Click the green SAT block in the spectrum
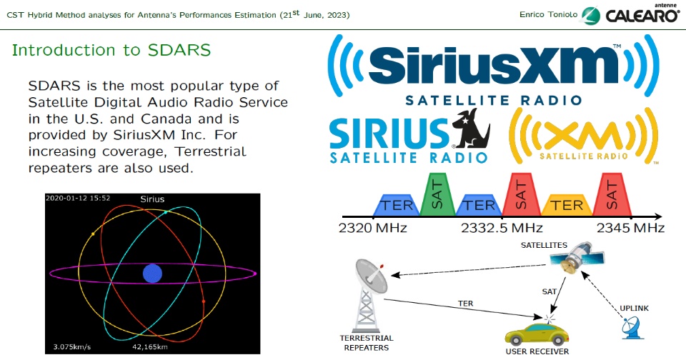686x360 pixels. click(x=437, y=194)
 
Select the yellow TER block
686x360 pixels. click(x=567, y=205)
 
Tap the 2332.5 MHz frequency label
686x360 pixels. click(x=502, y=228)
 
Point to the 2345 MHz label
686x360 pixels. click(x=630, y=228)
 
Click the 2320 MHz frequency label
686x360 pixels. click(x=373, y=228)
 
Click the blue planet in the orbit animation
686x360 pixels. click(x=153, y=274)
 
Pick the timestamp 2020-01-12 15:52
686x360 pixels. click(x=78, y=198)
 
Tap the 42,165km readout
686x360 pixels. click(x=150, y=347)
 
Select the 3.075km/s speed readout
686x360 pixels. click(x=72, y=347)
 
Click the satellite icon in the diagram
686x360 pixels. click(x=577, y=258)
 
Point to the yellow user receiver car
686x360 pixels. click(x=537, y=334)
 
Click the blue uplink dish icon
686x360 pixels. click(x=632, y=328)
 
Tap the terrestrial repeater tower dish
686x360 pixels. click(x=371, y=276)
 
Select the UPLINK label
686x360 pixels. click(x=634, y=309)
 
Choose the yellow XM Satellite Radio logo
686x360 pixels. click(x=584, y=136)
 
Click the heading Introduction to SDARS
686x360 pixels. click(x=111, y=50)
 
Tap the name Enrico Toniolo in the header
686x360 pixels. click(x=549, y=14)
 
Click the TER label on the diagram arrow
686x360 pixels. click(x=465, y=304)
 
